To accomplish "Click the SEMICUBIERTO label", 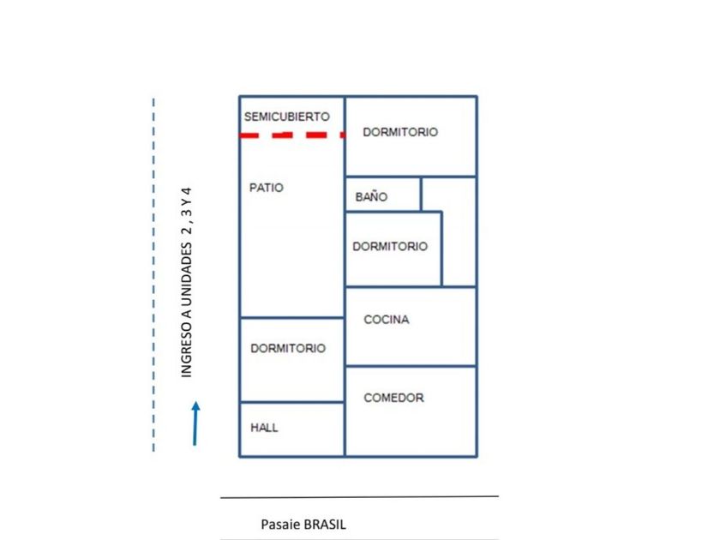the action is point(287,117).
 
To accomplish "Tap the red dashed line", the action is point(292,135).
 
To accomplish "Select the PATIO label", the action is point(267,188).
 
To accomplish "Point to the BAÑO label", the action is point(371,196).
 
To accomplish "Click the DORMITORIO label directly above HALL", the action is point(288,348).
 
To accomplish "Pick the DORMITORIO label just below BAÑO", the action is point(390,246).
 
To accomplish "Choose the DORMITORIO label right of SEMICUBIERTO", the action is point(400,132).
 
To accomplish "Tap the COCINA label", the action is point(387,319).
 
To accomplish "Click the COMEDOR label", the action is point(393,398).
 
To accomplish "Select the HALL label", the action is point(264,428).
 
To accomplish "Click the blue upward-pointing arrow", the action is point(195,423).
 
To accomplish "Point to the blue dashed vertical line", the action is point(153,274).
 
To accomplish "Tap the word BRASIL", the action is point(325,525).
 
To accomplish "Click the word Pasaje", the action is point(280,525).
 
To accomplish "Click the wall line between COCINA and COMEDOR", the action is point(411,366).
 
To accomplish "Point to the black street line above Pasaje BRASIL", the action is point(359,497).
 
